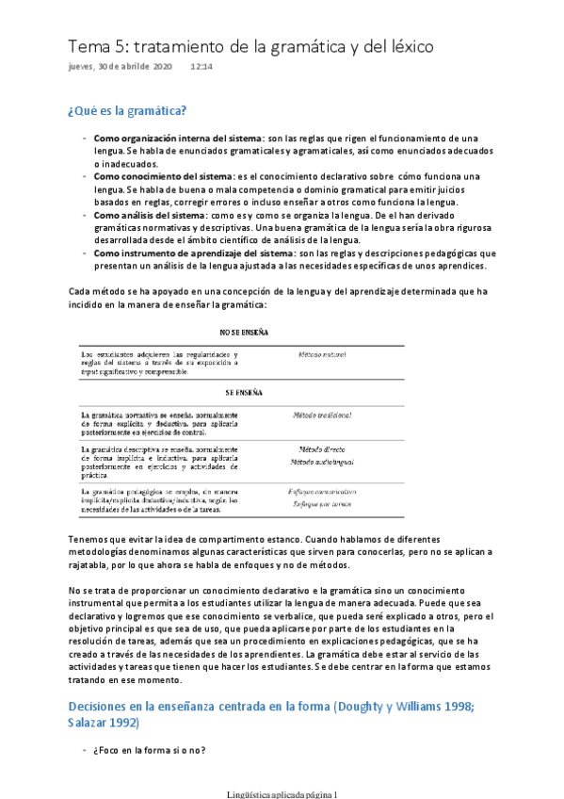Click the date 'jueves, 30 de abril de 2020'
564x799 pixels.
point(120,67)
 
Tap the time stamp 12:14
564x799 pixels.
point(201,67)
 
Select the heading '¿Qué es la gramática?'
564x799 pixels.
point(127,111)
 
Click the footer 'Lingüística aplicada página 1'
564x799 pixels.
point(282,793)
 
